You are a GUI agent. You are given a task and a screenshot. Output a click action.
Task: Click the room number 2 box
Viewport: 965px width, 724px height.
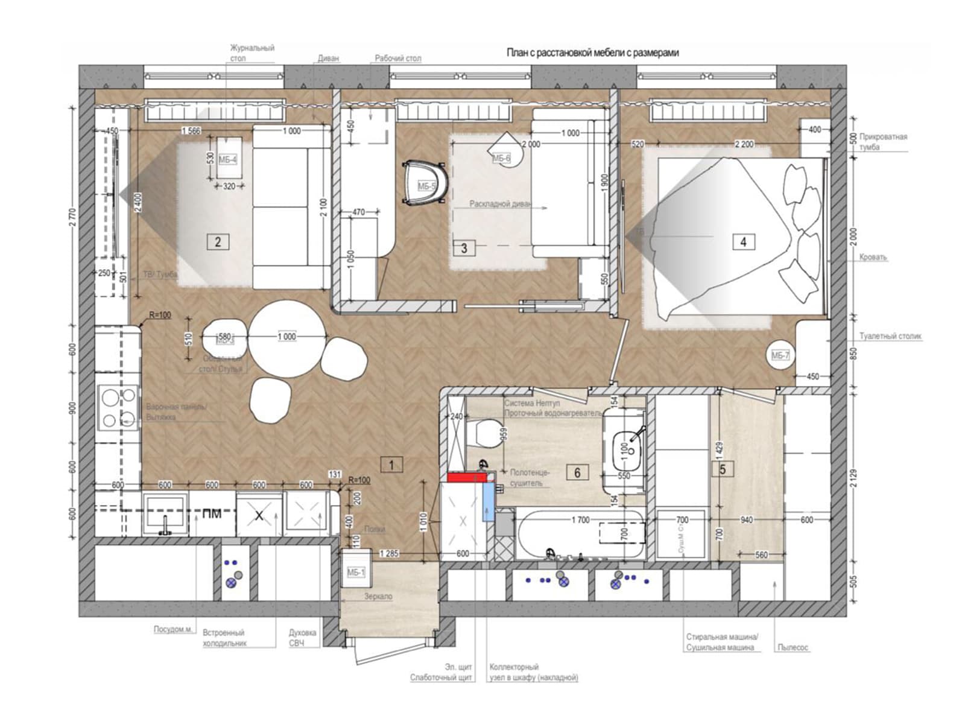(218, 242)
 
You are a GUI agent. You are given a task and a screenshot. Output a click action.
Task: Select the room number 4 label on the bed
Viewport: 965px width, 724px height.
(743, 242)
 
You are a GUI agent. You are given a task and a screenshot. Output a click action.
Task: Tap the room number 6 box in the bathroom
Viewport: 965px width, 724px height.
(577, 472)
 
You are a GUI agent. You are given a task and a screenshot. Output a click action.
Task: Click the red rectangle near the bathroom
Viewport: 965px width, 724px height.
(467, 478)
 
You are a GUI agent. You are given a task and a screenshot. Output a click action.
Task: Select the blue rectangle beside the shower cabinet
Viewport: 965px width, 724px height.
(488, 503)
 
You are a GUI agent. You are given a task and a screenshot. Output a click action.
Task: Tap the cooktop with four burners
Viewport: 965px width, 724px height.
(117, 408)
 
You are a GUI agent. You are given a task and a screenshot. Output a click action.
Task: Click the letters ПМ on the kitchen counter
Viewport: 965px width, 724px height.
(211, 514)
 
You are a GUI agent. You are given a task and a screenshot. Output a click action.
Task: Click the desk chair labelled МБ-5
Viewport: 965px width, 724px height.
(426, 183)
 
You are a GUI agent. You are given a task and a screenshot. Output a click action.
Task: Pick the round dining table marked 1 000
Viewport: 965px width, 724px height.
(287, 337)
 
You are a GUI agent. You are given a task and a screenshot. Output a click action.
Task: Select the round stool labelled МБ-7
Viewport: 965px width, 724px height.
(780, 355)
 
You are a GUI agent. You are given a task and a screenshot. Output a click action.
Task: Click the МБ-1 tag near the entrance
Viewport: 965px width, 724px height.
(356, 572)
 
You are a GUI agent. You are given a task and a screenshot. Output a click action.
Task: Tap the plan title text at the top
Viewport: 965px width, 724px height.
(592, 53)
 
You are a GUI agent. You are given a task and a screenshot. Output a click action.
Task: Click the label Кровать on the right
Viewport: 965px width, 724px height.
(873, 257)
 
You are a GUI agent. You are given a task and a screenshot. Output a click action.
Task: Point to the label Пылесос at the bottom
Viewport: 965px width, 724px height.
(793, 647)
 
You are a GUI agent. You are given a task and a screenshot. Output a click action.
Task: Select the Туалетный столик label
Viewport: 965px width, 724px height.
(890, 336)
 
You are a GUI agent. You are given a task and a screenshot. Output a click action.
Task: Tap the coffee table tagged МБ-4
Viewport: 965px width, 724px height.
(228, 158)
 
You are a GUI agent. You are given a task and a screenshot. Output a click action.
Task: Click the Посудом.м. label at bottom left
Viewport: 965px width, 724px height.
(173, 629)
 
